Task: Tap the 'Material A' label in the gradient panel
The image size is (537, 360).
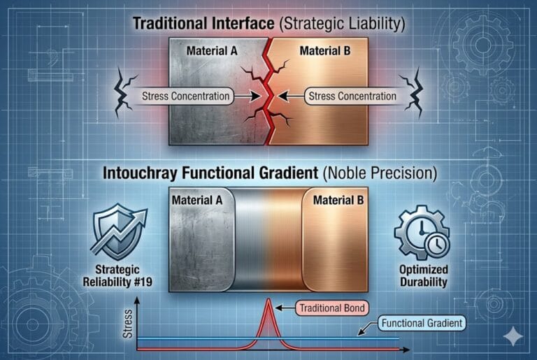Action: click(201, 201)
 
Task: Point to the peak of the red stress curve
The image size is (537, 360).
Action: click(269, 301)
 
